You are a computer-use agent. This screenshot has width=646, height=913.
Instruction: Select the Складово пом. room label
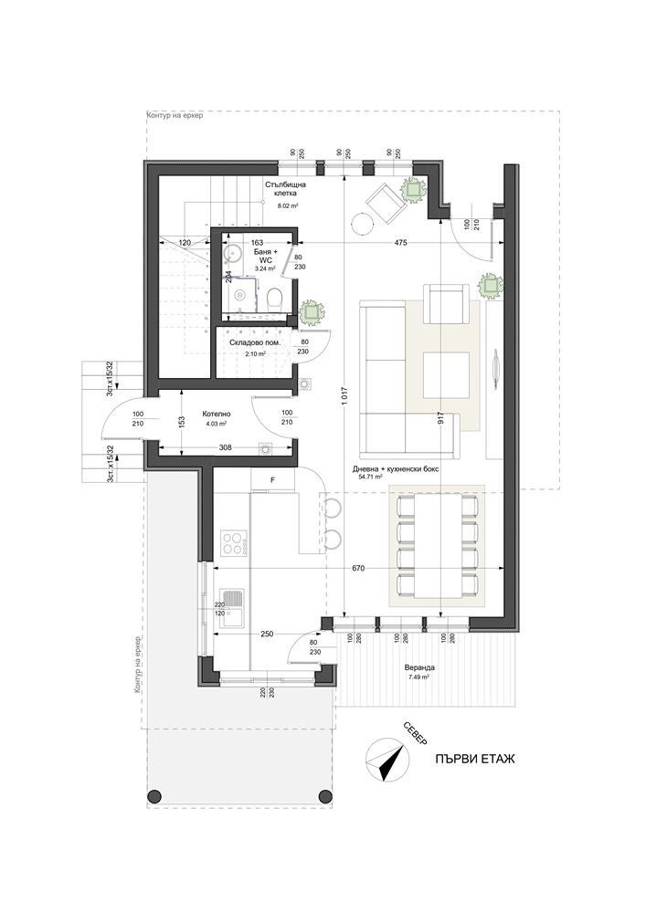[253, 343]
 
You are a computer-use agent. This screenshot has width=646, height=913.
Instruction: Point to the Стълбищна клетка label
[286, 189]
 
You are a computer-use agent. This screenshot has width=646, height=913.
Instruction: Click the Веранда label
[419, 668]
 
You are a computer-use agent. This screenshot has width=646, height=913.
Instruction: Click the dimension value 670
[358, 568]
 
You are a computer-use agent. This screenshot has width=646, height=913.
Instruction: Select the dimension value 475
[401, 243]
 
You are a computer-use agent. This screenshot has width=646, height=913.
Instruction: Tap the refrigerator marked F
[271, 479]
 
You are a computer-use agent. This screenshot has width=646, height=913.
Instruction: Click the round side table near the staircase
[361, 222]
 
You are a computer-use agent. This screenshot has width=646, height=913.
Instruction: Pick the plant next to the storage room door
[312, 311]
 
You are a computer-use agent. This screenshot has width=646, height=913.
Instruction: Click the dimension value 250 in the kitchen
[266, 634]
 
